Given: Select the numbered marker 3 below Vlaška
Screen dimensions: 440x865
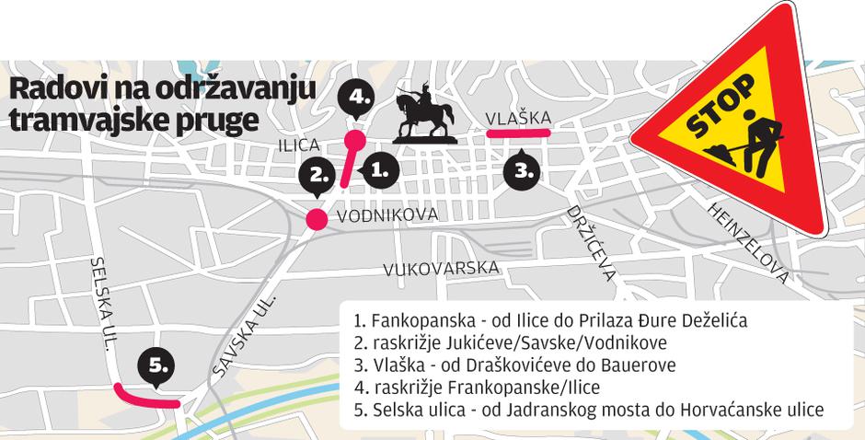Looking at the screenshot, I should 522,170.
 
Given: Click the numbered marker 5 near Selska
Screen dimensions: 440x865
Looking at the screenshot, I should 157,367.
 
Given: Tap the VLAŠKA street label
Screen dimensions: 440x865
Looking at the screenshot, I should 518,118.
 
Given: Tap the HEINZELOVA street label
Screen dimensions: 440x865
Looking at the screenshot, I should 748,242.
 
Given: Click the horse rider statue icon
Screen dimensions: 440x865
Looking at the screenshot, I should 424,112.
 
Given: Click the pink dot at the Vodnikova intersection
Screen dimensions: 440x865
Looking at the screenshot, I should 316,219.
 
